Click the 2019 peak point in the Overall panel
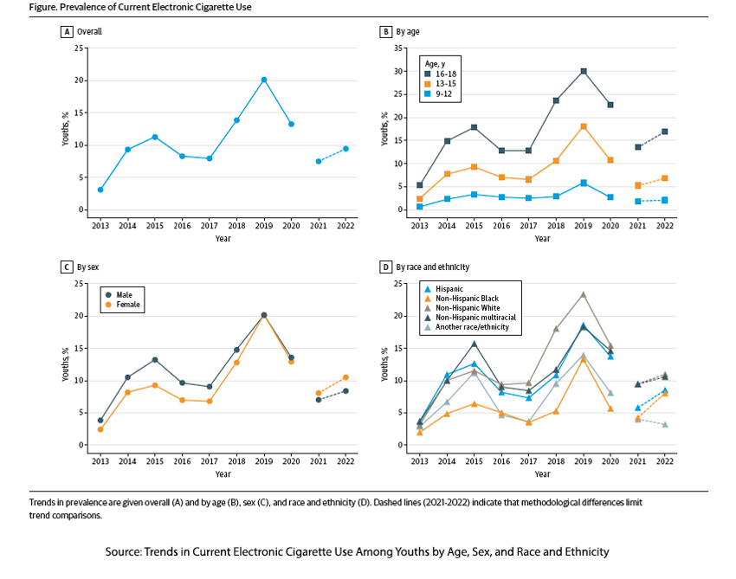click(264, 80)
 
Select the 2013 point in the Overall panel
click(100, 190)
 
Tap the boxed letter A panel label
click(65, 32)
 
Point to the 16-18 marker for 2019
click(584, 71)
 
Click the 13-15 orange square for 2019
click(584, 126)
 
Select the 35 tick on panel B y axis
click(397, 48)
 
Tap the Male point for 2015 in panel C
click(155, 360)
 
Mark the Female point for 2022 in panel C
click(345, 377)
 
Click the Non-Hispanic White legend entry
click(468, 308)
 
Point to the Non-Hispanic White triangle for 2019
click(584, 294)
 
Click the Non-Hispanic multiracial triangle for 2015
click(474, 344)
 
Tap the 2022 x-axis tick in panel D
click(666, 461)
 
